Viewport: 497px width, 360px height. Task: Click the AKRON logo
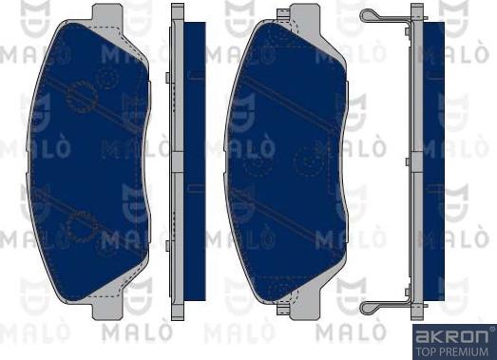point(452,335)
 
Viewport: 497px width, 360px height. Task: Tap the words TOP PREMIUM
point(452,350)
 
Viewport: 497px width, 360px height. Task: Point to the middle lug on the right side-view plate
point(408,161)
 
